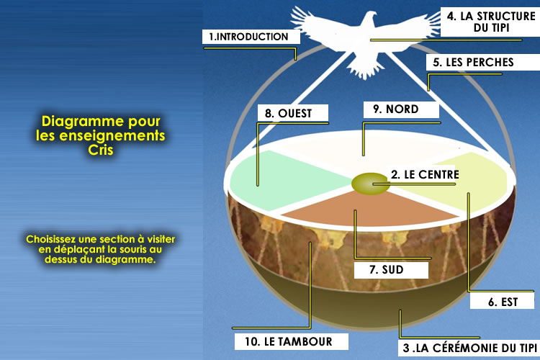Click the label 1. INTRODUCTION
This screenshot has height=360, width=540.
[248, 36]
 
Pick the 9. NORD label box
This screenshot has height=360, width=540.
[400, 109]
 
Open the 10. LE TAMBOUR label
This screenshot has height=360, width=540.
[282, 340]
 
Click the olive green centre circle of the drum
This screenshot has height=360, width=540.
[367, 183]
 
